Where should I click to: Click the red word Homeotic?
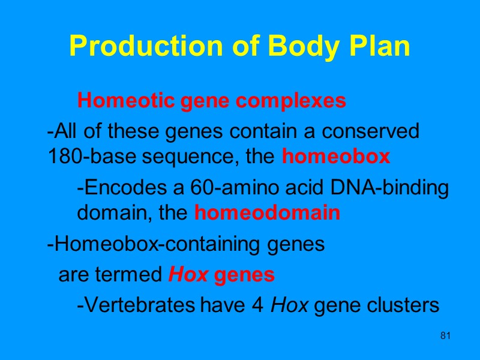coord(115,100)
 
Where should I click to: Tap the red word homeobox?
coord(336,157)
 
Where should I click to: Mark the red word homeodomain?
coord(268,213)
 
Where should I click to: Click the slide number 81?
coord(445,335)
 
